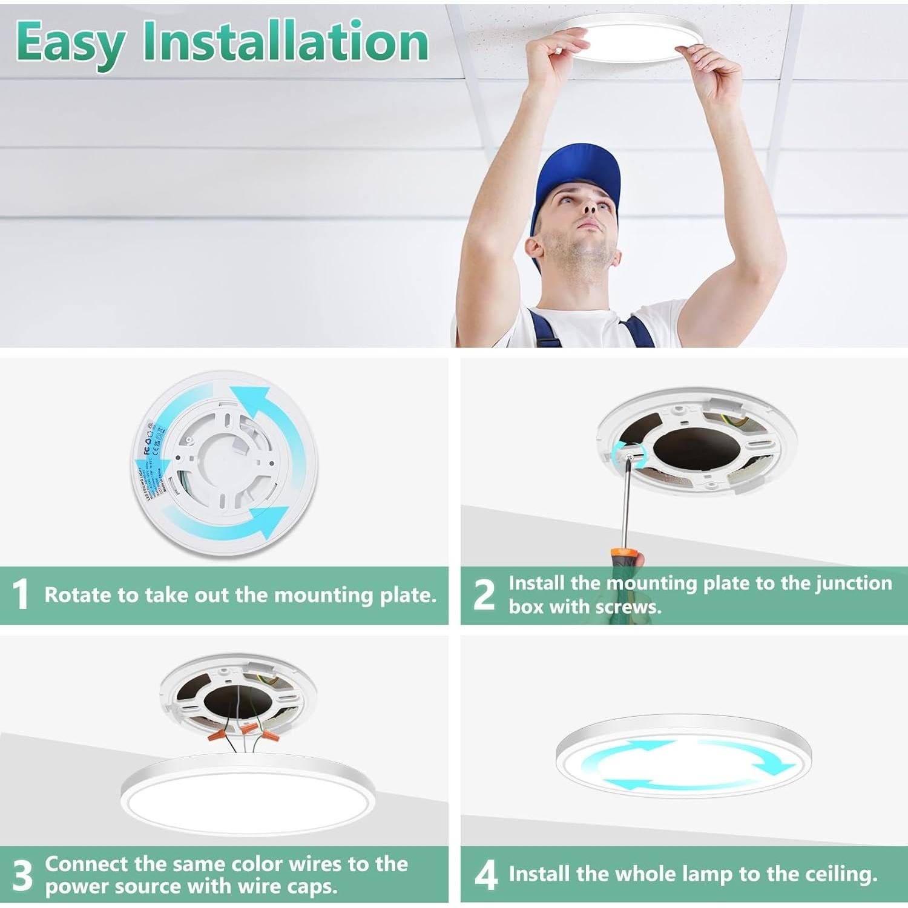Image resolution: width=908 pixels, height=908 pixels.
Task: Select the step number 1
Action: coord(21,594)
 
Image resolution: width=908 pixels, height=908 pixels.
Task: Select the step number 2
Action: coord(483,594)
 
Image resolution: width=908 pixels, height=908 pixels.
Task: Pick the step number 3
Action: coord(22,875)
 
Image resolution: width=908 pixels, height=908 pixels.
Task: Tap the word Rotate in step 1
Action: coord(77,595)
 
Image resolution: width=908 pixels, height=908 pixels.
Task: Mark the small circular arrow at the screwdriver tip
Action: coord(630,452)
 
